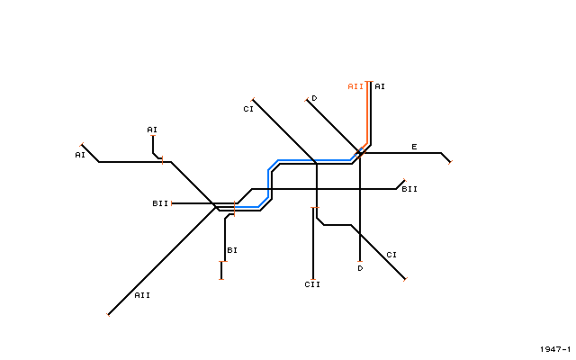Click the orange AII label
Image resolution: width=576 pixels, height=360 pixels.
[x=355, y=86]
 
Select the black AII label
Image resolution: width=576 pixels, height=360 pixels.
[x=142, y=295]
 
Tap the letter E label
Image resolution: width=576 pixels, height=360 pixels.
[x=414, y=147]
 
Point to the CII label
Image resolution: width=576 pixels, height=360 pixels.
[x=312, y=284]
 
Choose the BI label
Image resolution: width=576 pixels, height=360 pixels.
[x=232, y=250]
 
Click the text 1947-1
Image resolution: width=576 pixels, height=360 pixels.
[x=555, y=349]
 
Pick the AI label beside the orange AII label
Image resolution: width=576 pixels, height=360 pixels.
[x=380, y=86]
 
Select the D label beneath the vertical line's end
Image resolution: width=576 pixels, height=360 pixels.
[x=360, y=268]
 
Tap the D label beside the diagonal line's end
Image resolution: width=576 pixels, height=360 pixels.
[x=314, y=98]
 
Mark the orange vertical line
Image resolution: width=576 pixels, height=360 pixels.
[x=367, y=112]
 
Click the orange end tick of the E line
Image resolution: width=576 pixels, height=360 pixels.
[x=450, y=162]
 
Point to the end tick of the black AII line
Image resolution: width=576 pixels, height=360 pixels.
[x=108, y=315]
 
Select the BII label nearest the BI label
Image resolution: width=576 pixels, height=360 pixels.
[x=160, y=203]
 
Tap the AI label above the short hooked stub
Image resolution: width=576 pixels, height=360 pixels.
[x=152, y=130]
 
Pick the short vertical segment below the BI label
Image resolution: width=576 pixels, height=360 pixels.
[x=221, y=270]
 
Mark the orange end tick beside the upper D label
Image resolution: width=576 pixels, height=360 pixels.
[x=306, y=100]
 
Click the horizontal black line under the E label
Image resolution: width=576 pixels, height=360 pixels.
[x=402, y=153]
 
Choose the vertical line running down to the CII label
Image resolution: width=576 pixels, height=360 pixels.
[x=313, y=244]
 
